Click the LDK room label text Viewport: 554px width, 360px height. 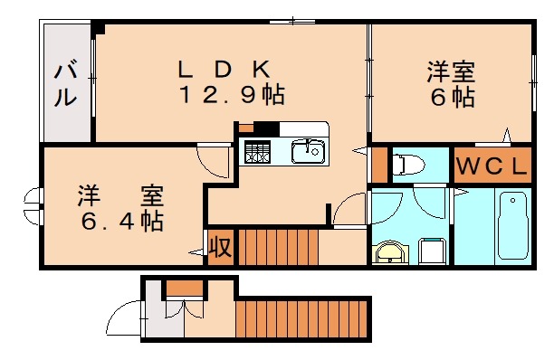pyautogui.click(x=223, y=68)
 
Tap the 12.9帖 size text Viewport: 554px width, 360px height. pyautogui.click(x=230, y=95)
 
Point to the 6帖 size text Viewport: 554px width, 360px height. pyautogui.click(x=452, y=97)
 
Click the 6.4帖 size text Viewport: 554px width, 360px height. pyautogui.click(x=120, y=221)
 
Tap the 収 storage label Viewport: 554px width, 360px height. pyautogui.click(x=219, y=246)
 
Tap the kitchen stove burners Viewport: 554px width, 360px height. pyautogui.click(x=258, y=152)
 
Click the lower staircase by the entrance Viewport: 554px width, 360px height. pyautogui.click(x=303, y=318)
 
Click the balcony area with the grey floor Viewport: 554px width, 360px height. pyautogui.click(x=66, y=84)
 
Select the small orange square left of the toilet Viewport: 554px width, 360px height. pyautogui.click(x=378, y=164)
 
